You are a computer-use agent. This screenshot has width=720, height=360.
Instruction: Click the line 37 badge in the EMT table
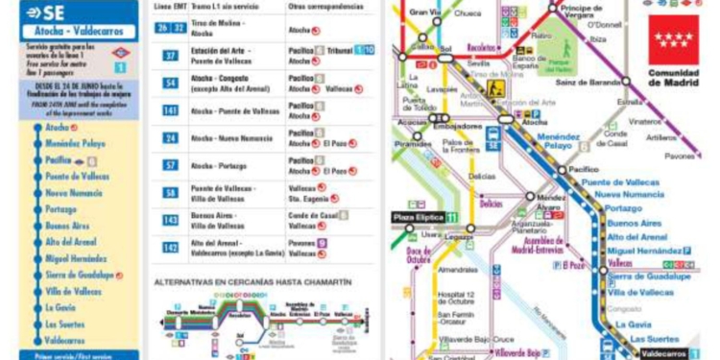point(170,56)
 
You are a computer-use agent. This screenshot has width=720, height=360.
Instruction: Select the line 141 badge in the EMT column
point(170,110)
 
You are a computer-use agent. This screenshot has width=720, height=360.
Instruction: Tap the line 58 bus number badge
point(170,193)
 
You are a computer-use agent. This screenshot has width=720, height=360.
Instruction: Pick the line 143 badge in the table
point(170,220)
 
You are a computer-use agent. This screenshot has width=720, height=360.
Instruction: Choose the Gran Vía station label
point(424,12)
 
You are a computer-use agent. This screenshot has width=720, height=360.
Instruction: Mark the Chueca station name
point(468,13)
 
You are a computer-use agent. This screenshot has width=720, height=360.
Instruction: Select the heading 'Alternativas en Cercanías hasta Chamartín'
point(252,282)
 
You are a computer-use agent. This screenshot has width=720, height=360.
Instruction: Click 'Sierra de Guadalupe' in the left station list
point(80,275)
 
